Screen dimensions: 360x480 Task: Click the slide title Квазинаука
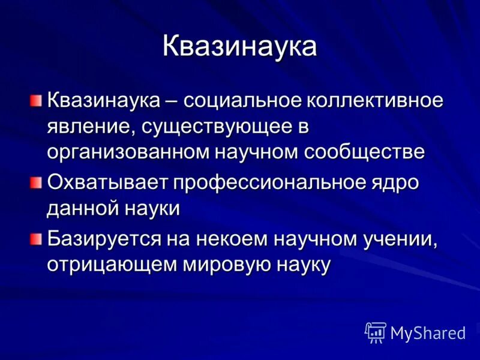(x=239, y=47)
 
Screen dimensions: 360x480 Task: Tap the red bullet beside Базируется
(x=36, y=238)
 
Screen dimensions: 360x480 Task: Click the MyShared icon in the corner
(x=376, y=332)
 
